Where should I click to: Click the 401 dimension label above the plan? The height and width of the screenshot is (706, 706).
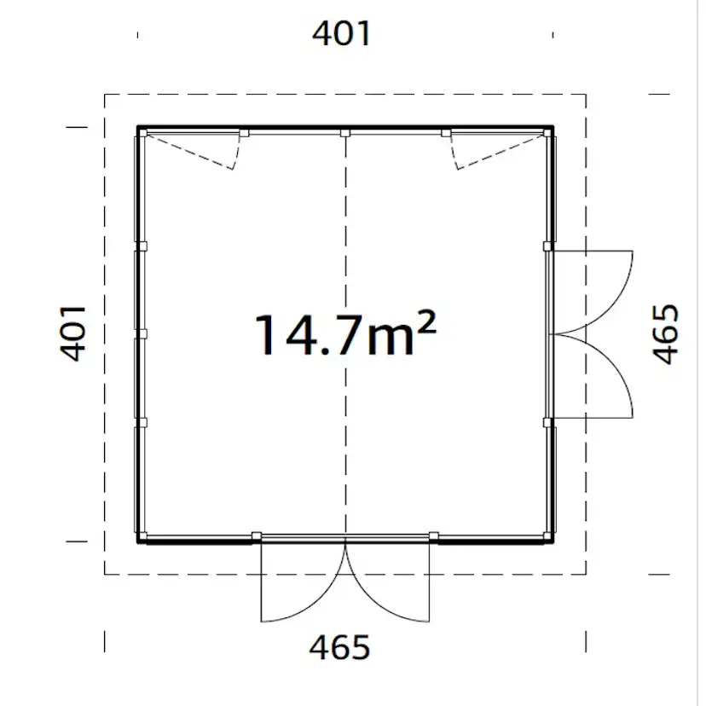coord(342,34)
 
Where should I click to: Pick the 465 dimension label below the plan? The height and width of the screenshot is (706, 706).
coord(340,648)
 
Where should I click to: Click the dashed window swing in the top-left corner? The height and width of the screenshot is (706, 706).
coord(200,152)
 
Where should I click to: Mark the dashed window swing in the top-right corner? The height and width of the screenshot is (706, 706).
coord(490,152)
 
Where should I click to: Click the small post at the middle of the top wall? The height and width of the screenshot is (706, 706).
coord(345,133)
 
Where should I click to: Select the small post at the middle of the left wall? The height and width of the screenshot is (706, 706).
coord(142,333)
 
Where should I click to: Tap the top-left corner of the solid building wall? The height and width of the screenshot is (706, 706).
coord(139,128)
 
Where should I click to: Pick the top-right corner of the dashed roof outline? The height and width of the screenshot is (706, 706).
coord(586,95)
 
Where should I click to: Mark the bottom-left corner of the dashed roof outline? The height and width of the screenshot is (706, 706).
coord(105,574)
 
